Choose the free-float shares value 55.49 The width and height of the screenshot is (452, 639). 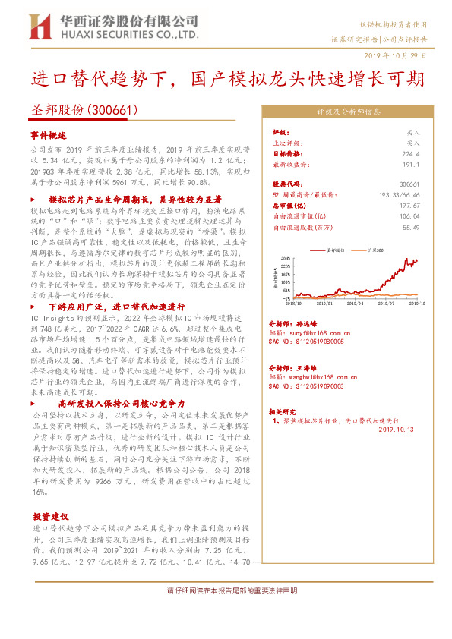410,226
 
